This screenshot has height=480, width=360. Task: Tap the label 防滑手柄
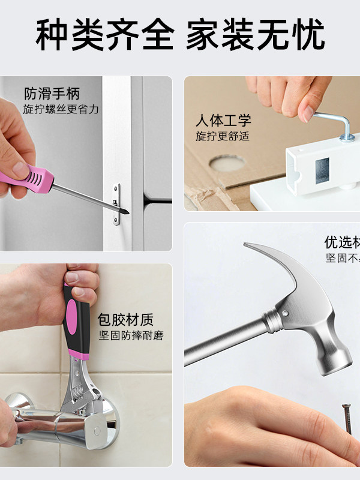point(52,94)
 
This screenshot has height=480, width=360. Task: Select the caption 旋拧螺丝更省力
point(61,109)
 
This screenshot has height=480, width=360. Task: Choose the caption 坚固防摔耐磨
point(131,335)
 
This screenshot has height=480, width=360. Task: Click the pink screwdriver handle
point(36,178)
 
